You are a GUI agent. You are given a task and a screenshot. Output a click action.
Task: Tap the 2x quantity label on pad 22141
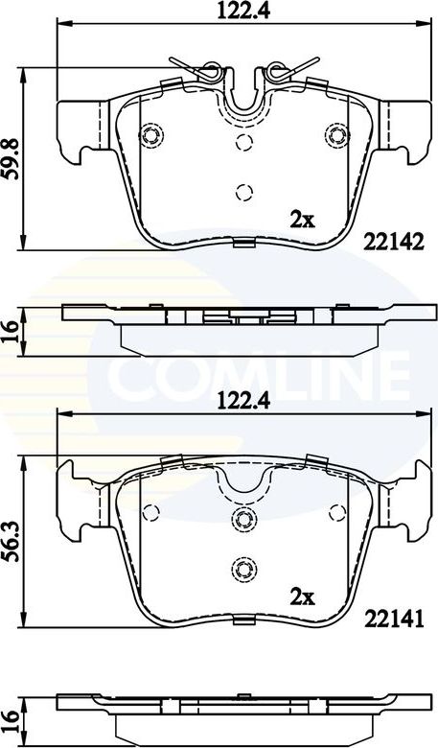pos(303,596)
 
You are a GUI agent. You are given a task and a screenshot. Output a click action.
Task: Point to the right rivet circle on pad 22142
pos(335,134)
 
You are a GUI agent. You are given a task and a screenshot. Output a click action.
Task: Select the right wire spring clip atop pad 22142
pos(288,69)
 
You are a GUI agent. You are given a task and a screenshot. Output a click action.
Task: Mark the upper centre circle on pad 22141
pos(242,521)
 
